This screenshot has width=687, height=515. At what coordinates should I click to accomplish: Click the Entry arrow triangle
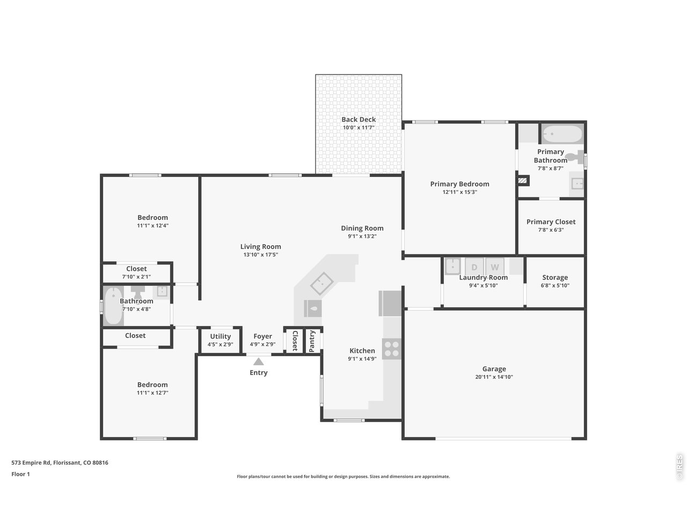pos(259,362)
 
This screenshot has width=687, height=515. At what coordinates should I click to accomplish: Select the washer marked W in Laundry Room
pos(494,266)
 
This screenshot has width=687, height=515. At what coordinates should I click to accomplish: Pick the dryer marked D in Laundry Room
pos(474,266)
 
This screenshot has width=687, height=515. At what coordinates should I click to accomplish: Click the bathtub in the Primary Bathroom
pos(561,134)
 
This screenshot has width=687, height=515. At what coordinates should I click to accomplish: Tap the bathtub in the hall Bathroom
pos(113,306)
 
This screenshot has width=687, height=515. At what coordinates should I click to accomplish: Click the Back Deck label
pos(359,120)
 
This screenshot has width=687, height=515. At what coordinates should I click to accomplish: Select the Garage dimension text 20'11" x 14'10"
pos(494,377)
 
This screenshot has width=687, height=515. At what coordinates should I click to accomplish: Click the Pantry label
pos(312,341)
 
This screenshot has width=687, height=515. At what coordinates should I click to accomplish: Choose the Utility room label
pos(220,336)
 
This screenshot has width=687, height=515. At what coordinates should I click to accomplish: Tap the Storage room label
pos(555,277)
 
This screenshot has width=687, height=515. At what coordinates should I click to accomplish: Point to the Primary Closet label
pos(551,222)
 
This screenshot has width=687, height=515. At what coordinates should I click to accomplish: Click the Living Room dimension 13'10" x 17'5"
pos(260,255)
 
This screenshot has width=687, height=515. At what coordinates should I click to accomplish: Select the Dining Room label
pos(362,228)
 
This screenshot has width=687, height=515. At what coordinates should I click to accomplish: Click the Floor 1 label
pos(20,474)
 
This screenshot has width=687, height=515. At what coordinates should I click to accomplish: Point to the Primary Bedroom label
pos(459,184)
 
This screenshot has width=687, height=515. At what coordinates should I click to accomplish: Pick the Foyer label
pos(262,336)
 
